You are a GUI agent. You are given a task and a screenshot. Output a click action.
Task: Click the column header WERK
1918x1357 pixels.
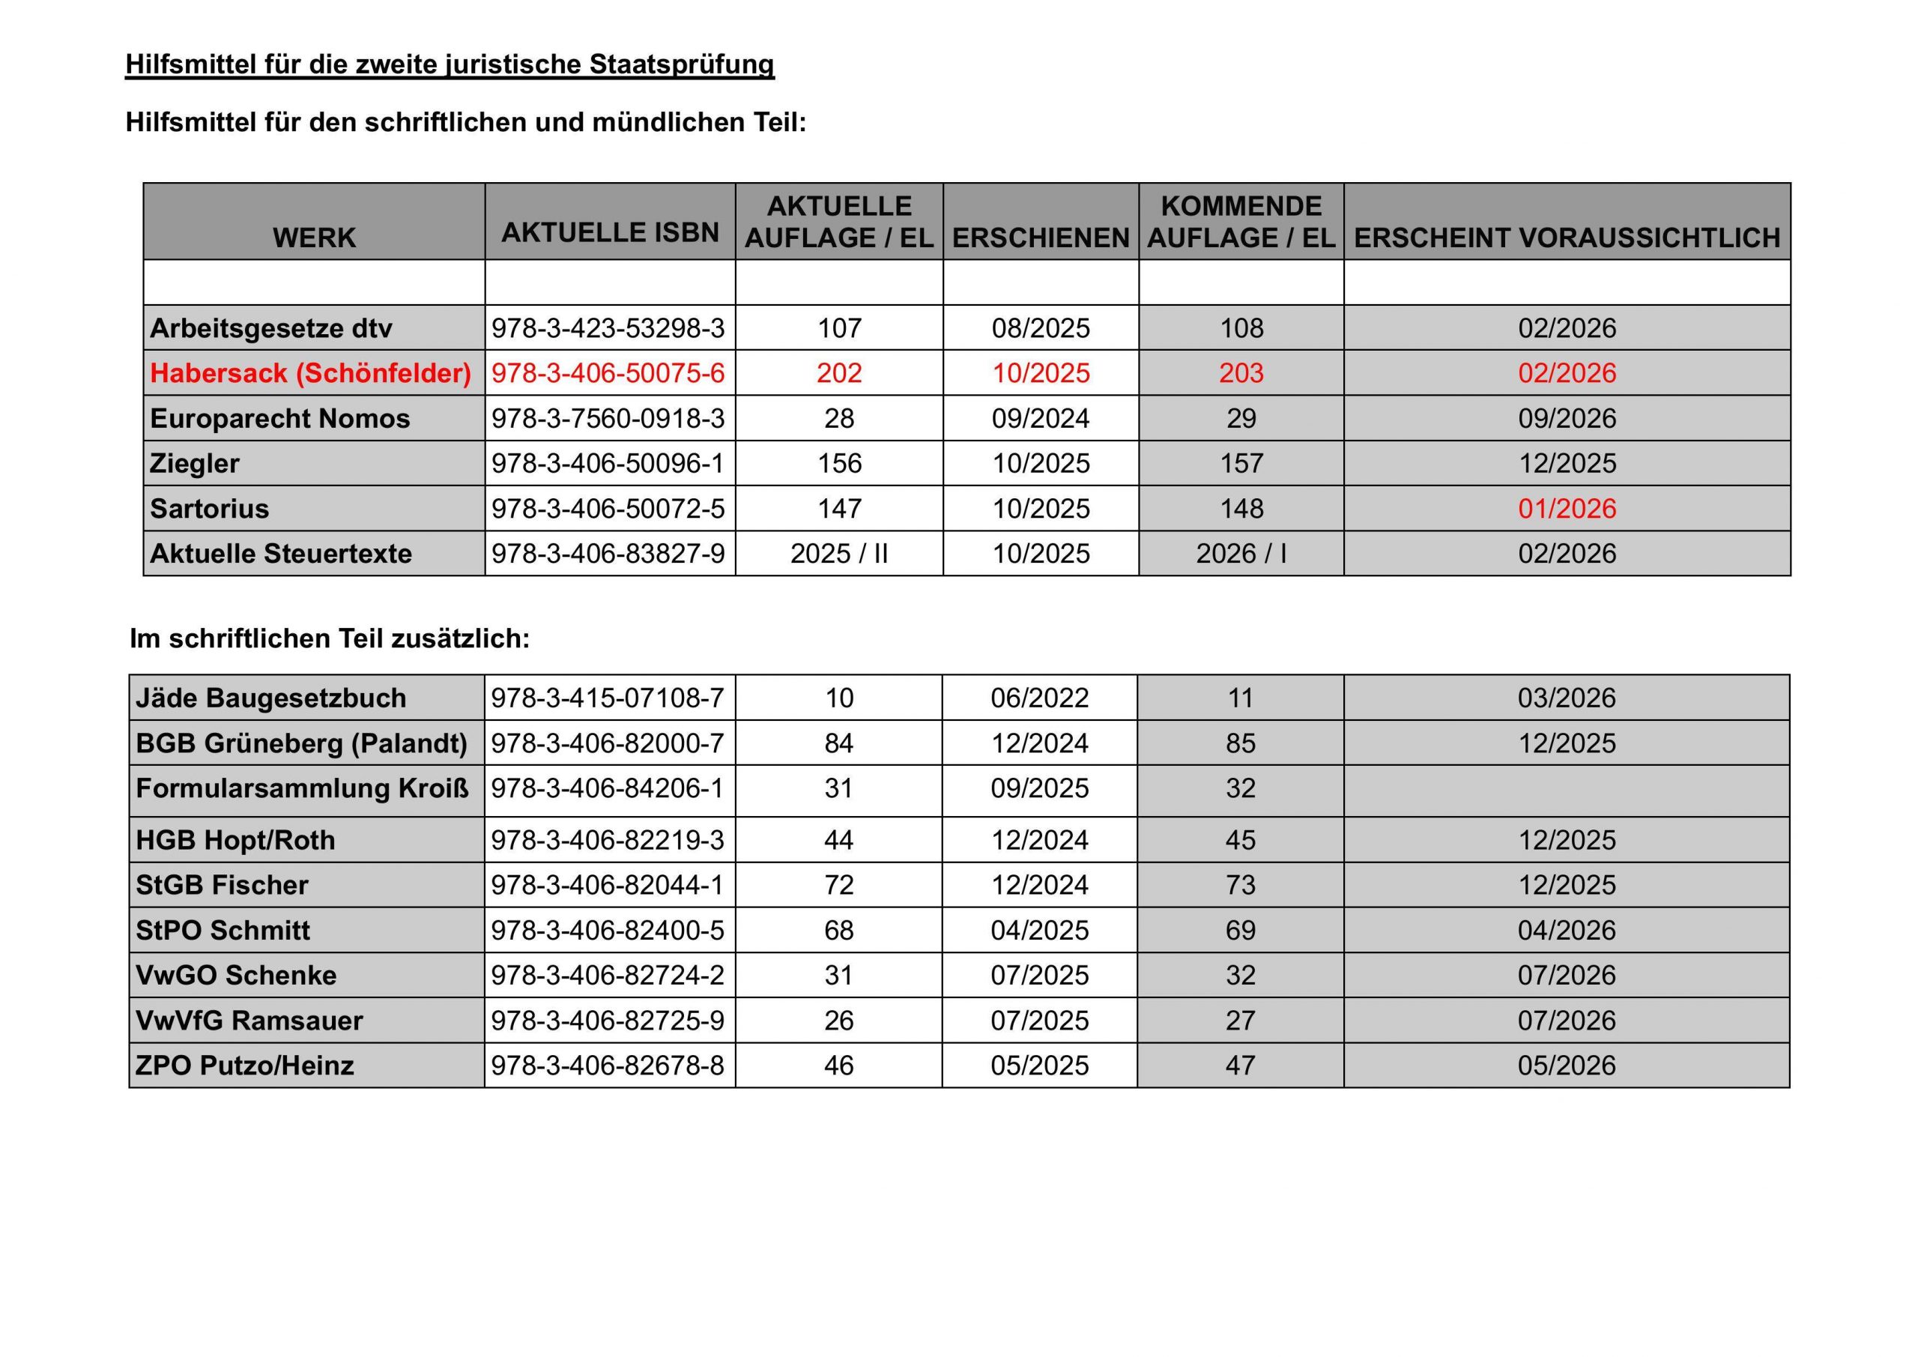point(314,238)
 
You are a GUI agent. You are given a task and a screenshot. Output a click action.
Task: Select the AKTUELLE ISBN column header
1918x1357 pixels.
point(610,232)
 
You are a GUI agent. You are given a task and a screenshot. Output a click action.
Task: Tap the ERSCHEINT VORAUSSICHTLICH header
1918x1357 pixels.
point(1567,238)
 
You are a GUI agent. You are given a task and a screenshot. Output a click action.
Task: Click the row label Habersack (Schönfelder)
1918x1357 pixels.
point(311,372)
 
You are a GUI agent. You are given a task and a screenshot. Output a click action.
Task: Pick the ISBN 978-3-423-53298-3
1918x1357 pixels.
point(608,327)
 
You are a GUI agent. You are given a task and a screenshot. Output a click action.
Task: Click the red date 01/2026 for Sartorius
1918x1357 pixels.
point(1567,508)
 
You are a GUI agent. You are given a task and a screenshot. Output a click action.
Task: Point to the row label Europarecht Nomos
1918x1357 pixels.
point(280,418)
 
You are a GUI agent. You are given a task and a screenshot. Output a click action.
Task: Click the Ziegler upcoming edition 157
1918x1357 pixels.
point(1241,463)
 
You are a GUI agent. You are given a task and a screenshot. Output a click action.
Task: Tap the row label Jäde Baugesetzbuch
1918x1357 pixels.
point(270,698)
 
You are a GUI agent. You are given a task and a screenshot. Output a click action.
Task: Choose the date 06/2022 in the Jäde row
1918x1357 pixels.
point(1040,698)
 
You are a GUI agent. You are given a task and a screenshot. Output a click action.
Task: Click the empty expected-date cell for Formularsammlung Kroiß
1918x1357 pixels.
point(1567,790)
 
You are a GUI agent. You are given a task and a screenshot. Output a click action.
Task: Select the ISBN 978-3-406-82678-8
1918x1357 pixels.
point(608,1066)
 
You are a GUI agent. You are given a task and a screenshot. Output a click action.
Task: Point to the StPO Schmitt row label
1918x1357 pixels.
point(223,930)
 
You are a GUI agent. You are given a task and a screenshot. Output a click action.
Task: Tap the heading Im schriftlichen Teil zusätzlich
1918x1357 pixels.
point(330,638)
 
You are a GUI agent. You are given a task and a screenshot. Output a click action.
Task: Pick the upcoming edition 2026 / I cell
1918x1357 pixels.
point(1241,553)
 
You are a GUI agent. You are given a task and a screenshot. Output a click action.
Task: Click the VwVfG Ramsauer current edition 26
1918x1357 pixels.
point(838,1021)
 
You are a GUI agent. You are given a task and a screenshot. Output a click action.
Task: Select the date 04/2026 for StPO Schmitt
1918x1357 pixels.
point(1567,930)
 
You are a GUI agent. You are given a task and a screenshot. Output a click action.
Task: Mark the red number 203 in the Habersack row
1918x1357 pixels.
point(1241,372)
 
